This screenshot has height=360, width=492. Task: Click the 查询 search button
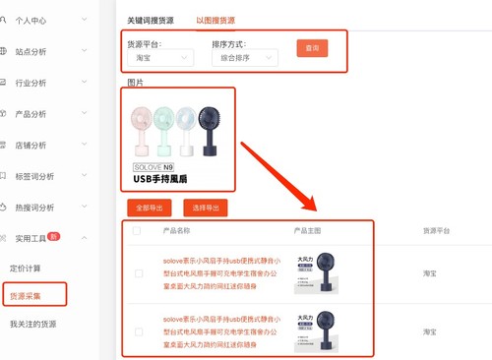click(x=311, y=47)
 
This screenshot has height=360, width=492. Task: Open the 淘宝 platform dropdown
click(x=158, y=59)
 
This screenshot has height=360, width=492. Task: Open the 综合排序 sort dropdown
click(x=244, y=59)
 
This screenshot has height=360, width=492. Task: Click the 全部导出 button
click(x=148, y=208)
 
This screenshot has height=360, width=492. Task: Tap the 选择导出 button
click(x=206, y=208)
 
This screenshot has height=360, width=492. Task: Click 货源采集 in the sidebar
click(x=32, y=295)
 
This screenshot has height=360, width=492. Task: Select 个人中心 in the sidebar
click(x=38, y=20)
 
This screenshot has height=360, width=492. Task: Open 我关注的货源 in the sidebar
click(x=33, y=324)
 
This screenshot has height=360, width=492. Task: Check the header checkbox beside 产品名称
click(x=137, y=231)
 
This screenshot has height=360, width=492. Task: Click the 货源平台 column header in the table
click(x=437, y=231)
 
